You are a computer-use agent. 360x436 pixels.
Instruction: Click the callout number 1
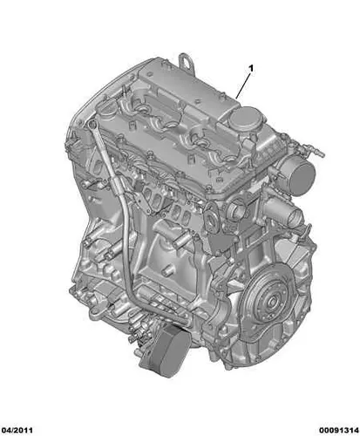tap(251, 69)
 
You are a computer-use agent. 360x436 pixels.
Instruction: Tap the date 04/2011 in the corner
tap(17, 430)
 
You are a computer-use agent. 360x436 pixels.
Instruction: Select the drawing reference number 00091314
tap(338, 430)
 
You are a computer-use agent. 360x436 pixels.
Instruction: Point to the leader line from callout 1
tap(242, 85)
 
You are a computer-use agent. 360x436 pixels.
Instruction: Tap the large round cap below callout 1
tap(246, 120)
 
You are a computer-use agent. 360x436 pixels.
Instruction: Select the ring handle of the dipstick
tap(93, 125)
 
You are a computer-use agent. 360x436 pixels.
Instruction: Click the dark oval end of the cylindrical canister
tap(302, 178)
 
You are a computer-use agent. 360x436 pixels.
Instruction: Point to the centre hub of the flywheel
tap(273, 303)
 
